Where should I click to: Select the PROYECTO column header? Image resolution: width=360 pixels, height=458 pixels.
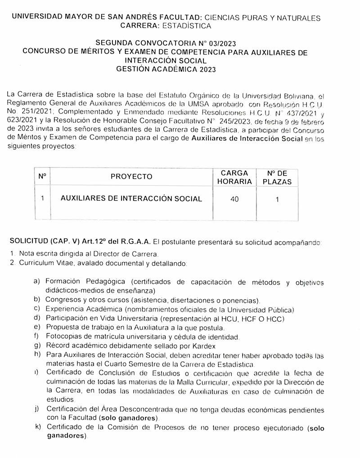click(x=131, y=176)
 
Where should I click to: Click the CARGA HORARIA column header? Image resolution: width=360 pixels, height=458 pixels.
click(x=234, y=177)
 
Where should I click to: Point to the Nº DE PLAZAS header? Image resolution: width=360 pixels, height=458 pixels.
click(x=277, y=177)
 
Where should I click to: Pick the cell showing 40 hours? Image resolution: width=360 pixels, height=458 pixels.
click(x=234, y=199)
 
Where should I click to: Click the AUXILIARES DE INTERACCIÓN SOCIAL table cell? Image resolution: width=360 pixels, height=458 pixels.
click(x=131, y=198)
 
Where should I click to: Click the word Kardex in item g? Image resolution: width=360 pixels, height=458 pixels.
click(x=203, y=346)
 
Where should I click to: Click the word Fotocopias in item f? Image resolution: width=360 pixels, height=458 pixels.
click(x=63, y=337)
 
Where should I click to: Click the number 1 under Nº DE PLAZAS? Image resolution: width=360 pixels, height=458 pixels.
click(x=277, y=199)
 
